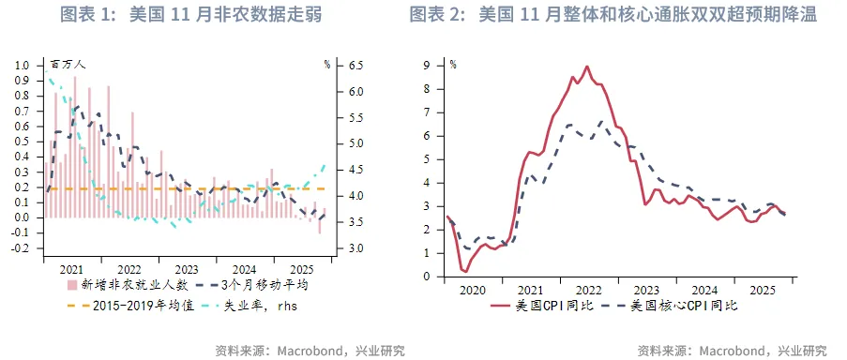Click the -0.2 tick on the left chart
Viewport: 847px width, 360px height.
21,248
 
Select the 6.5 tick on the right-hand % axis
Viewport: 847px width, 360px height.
356,66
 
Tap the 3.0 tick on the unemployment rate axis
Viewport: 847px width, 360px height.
356,248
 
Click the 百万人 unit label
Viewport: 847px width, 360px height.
68,65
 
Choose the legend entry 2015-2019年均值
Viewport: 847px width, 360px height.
143,305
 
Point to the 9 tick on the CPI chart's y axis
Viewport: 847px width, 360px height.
426,66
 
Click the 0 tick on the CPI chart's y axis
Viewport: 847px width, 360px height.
426,277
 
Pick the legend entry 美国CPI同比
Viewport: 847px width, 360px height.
553,306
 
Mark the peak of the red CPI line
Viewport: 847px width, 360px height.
587,67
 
